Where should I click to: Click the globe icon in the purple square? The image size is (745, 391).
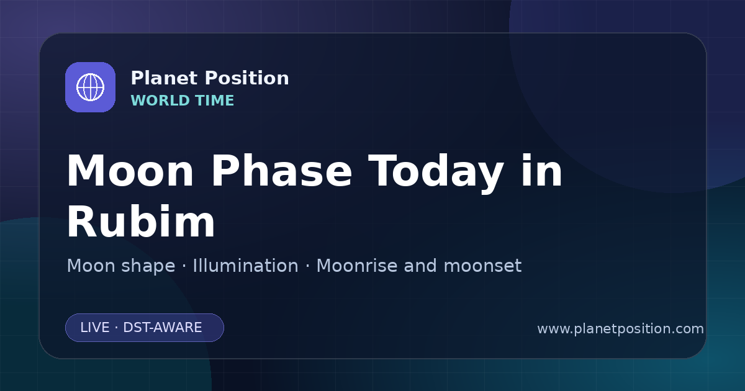(90, 87)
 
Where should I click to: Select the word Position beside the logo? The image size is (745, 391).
(247, 78)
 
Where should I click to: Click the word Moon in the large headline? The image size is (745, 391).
(130, 171)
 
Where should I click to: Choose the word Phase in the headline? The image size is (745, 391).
(281, 171)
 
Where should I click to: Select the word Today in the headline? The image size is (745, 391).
(436, 174)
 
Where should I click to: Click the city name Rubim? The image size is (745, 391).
(141, 221)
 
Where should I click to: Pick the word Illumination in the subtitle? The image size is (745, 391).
(245, 266)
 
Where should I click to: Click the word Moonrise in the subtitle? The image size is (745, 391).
(356, 266)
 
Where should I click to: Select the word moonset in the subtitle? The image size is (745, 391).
(482, 266)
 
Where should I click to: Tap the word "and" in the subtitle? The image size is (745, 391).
(420, 266)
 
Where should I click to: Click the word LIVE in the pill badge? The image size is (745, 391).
(95, 328)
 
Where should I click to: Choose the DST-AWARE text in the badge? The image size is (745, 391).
(162, 328)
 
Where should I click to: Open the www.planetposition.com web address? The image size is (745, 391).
(620, 329)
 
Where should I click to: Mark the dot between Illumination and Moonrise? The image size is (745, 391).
(308, 266)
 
